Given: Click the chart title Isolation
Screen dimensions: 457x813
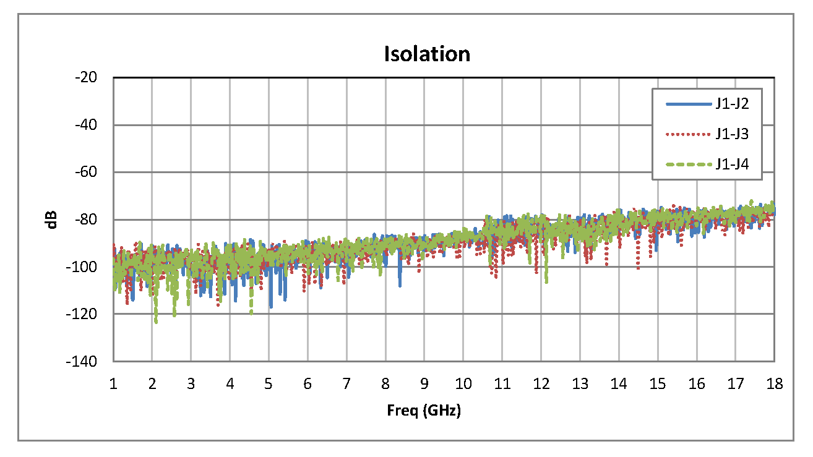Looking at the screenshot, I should [427, 54].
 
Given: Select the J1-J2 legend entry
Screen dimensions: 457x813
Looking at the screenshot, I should [732, 104].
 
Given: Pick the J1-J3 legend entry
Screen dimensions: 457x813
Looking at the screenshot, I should [732, 134].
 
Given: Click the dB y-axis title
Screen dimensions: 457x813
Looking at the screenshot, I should [52, 219].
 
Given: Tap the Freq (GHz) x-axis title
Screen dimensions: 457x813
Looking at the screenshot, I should [424, 410].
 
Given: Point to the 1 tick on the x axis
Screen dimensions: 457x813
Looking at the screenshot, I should [113, 384].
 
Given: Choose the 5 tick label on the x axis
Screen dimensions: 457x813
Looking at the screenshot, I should [269, 384].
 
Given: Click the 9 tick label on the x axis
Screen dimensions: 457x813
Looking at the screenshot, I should [424, 384].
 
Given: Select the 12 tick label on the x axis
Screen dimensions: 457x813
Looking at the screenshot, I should [541, 384].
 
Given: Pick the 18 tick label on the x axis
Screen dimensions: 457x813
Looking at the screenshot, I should [774, 384].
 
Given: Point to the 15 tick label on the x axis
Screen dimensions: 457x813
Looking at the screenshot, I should [657, 384].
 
